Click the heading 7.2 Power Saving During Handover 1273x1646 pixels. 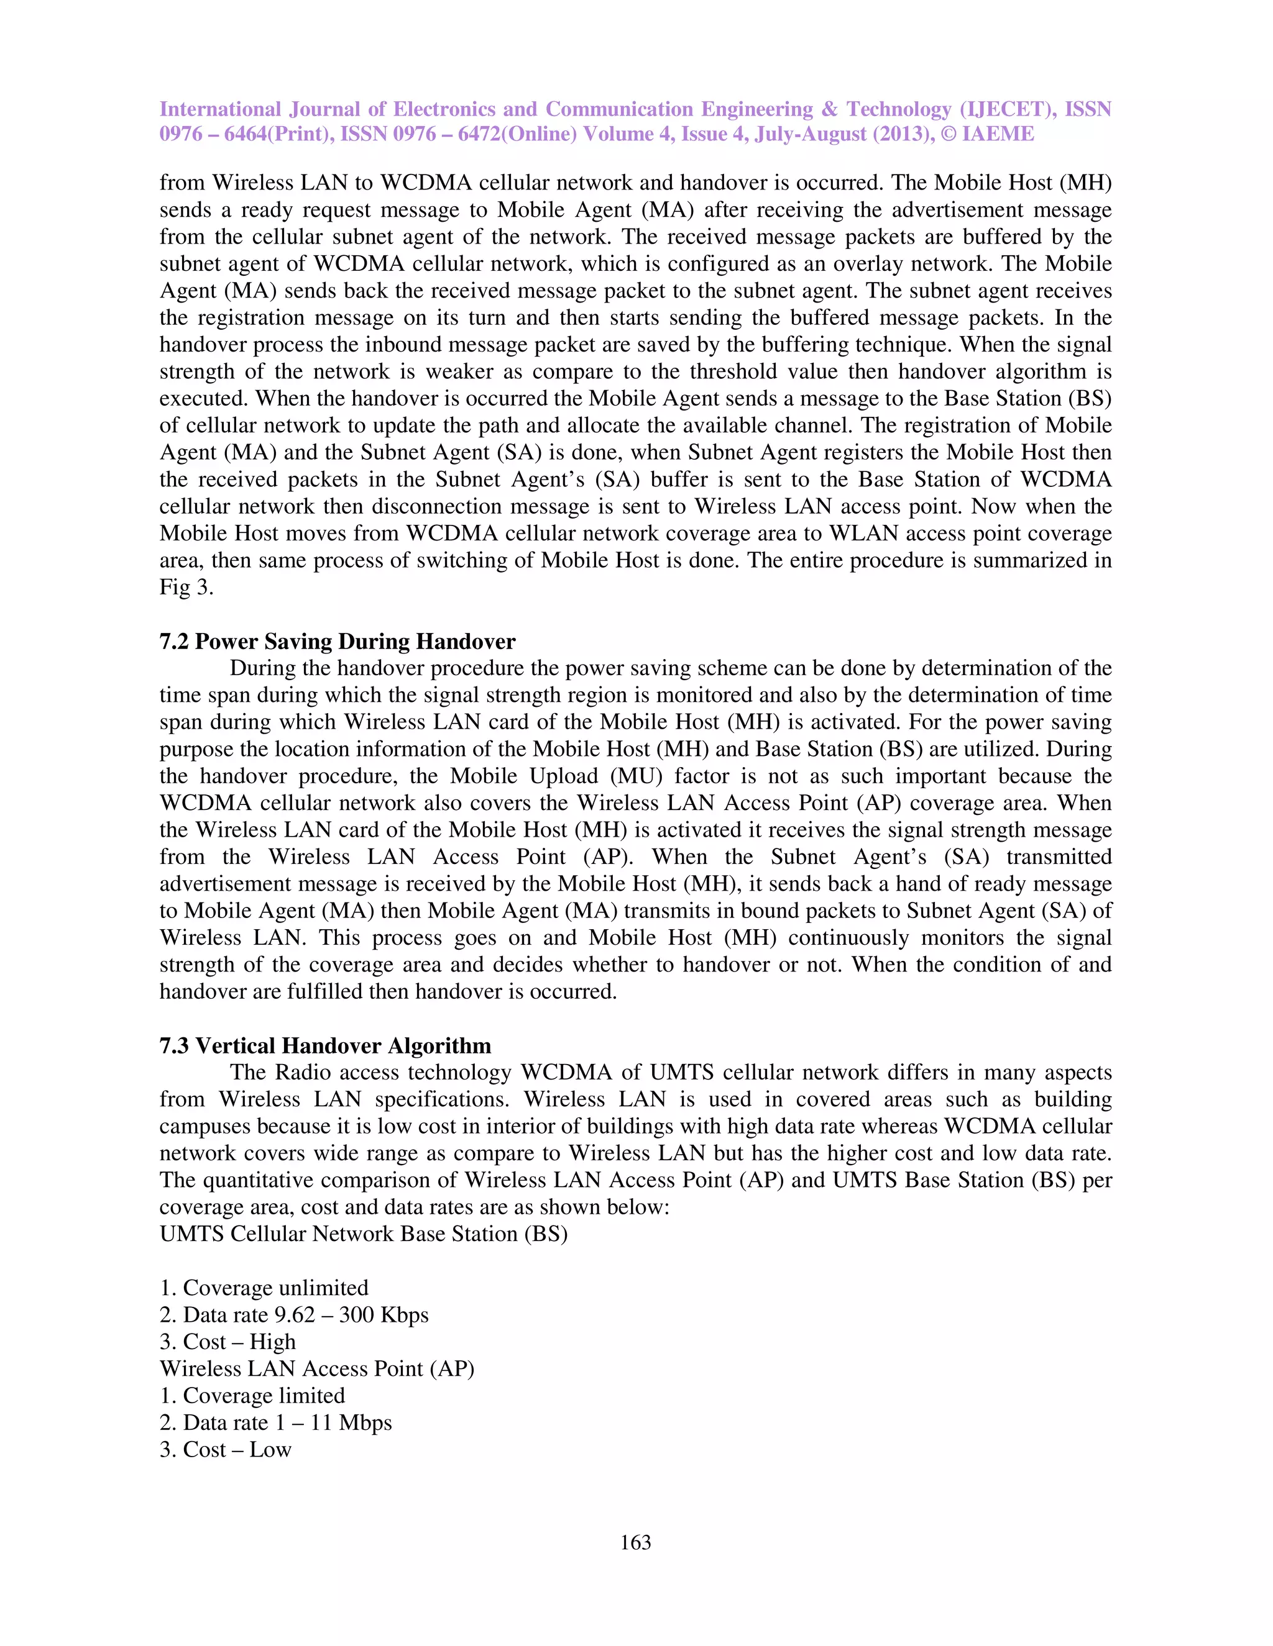337,642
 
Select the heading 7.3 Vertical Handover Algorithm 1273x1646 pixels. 325,1045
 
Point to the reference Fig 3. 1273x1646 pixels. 186,587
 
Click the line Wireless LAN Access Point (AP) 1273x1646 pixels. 317,1368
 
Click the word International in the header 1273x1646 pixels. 220,109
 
